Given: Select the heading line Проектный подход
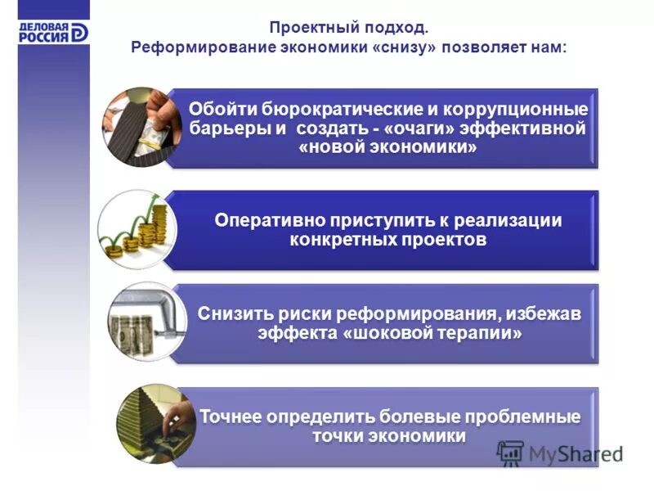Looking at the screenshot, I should click(x=348, y=28).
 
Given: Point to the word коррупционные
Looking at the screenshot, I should click(x=522, y=109).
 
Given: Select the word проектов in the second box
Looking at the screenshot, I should click(x=445, y=240).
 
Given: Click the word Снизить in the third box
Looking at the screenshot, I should click(x=231, y=313).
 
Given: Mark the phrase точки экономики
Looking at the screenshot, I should click(x=388, y=435).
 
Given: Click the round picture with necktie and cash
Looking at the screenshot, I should click(x=137, y=128).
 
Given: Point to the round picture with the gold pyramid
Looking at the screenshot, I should click(x=151, y=424).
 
